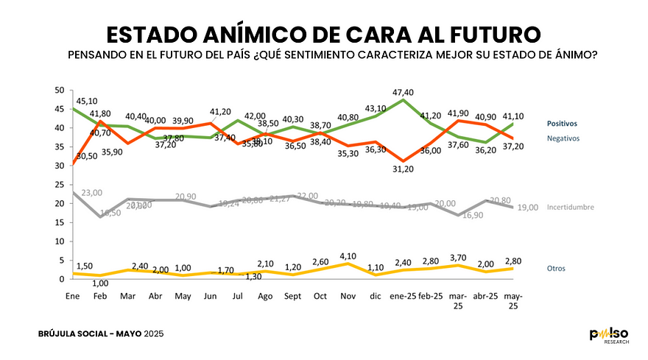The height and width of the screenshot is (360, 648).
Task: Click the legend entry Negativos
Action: pyautogui.click(x=563, y=138)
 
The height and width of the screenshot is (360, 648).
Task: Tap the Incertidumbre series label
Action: pyautogui.click(x=570, y=208)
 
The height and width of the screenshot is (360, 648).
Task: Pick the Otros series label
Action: pyautogui.click(x=556, y=268)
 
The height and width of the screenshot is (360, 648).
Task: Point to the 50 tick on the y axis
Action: pyautogui.click(x=60, y=90)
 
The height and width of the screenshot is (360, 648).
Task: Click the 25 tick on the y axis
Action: pyautogui.click(x=60, y=166)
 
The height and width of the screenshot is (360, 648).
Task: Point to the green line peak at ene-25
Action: pyautogui.click(x=402, y=99)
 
